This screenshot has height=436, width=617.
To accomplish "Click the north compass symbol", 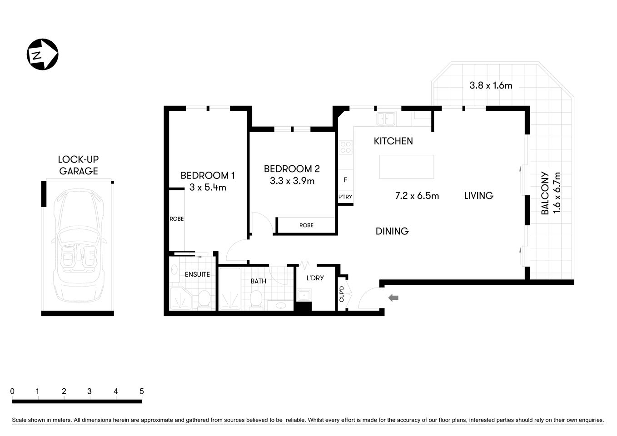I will tap(43, 54).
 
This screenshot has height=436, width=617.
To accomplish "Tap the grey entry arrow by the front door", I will tap(393, 297).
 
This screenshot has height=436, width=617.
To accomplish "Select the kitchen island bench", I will tap(406, 167).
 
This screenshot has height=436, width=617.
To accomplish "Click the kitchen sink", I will tap(386, 119).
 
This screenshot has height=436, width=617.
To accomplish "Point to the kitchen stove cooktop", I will tap(346, 148).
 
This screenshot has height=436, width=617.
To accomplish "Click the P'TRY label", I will tap(345, 197).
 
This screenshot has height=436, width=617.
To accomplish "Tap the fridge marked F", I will tap(345, 180).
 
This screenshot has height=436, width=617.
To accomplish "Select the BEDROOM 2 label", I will tap(292, 169).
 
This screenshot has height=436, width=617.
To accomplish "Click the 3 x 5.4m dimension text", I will tap(208, 187).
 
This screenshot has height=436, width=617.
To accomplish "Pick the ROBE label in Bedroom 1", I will tap(177, 219).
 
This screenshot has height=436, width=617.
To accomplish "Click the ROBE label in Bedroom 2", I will tap(306, 225).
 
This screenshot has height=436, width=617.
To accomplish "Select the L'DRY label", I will tap(315, 277).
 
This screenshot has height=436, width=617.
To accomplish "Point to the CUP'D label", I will tap(342, 293).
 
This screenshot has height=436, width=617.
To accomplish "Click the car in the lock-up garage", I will tap(78, 245).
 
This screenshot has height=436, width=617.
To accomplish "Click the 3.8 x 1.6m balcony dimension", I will tap(491, 85).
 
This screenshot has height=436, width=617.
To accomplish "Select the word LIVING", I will tap(478, 196).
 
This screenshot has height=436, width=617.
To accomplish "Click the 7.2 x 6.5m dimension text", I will tap(417, 196).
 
